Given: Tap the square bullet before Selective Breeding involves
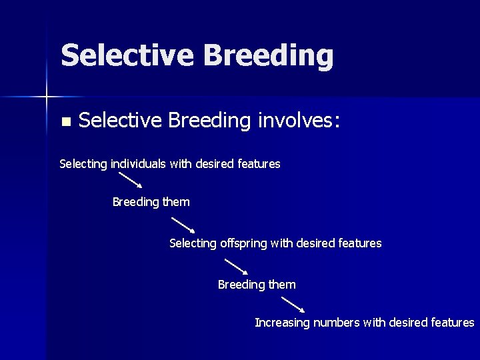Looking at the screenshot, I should [65, 122].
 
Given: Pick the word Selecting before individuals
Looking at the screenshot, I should [83, 164].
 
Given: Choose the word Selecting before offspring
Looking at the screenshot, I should [193, 244].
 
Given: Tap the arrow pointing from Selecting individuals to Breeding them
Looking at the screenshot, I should [131, 181].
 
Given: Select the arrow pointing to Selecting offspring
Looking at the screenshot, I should [183, 224].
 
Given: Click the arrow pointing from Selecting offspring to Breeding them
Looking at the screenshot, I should [237, 267].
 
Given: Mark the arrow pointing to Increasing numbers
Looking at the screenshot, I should [293, 305].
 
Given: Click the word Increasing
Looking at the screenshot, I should [282, 323].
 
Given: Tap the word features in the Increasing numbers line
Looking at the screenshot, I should [453, 323].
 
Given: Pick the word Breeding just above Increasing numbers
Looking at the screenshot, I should [241, 285].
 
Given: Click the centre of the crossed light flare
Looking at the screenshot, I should [47, 97].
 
